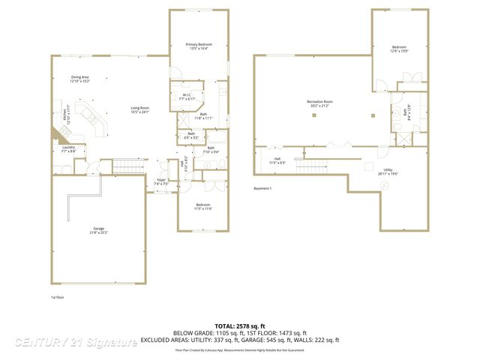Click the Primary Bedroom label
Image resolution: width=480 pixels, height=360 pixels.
[x=199, y=46]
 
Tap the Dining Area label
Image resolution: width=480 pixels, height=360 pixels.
[x=80, y=79]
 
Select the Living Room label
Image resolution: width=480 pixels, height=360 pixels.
[x=140, y=109]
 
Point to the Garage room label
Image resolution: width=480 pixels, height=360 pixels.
[x=98, y=230]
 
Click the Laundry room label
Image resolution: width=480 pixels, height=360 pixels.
[x=69, y=149]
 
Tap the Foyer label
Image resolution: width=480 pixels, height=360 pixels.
[x=161, y=181]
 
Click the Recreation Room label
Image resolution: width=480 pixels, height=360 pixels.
[x=319, y=103]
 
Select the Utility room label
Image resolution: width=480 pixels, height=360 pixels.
[x=388, y=172]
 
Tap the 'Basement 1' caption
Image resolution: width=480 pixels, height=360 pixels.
[x=262, y=188]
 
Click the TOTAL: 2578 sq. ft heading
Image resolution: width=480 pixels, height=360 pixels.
[x=239, y=326]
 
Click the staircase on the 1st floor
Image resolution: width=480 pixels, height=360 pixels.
[x=129, y=166]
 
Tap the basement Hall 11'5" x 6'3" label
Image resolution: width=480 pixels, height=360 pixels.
[x=277, y=160]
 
